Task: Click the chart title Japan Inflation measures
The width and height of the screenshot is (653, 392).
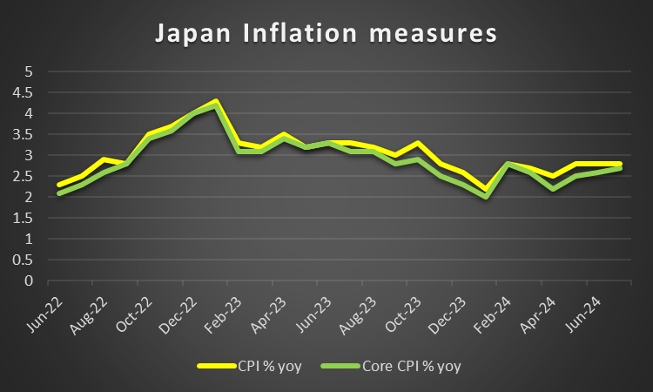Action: [326, 34]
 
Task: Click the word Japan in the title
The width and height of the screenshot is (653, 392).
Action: [188, 35]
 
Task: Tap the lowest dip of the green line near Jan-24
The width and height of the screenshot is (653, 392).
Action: [485, 197]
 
